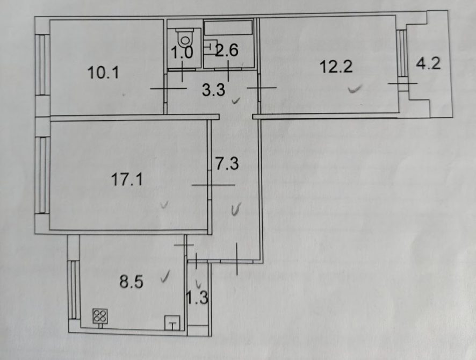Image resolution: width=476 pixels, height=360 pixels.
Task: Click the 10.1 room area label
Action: click(103, 73)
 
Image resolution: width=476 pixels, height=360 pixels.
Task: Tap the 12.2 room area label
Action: click(336, 67)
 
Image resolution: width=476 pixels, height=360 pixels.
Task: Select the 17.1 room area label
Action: click(127, 179)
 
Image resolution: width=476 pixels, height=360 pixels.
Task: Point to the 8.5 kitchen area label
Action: click(131, 282)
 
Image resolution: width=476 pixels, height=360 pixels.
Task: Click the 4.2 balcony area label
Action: click(428, 64)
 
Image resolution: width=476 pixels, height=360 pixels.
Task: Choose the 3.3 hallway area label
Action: click(214, 90)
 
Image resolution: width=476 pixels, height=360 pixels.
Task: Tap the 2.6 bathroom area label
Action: click(227, 50)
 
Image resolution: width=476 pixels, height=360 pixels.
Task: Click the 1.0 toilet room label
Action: click(182, 52)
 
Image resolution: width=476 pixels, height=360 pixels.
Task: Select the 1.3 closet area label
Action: click(197, 298)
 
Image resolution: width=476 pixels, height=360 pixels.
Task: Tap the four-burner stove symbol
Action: click(100, 316)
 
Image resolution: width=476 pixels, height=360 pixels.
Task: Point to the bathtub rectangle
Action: click(228, 27)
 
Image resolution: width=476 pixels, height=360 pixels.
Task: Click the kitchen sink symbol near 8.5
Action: click(172, 323)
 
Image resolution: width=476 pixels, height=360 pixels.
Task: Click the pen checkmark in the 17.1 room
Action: click(164, 205)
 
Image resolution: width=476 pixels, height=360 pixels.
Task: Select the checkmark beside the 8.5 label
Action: click(165, 276)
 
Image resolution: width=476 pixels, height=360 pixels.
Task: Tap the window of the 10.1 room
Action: click(42, 64)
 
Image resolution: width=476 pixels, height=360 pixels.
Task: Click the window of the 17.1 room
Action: click(42, 176)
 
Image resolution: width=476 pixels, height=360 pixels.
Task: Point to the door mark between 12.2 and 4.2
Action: click(402, 83)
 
